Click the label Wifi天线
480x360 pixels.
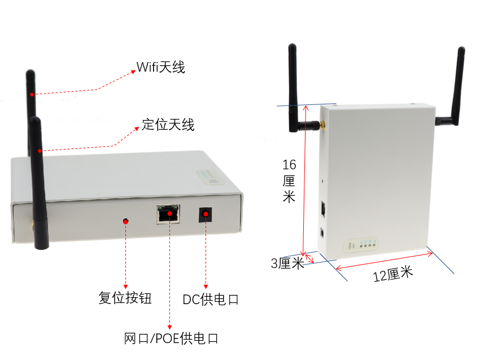[161, 67]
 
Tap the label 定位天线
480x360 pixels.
[168, 125]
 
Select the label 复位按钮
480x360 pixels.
[125, 298]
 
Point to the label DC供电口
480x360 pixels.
[211, 300]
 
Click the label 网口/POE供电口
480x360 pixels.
[171, 339]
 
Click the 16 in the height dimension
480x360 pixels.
[289, 165]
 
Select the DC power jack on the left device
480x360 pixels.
[206, 215]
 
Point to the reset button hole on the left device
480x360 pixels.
[125, 221]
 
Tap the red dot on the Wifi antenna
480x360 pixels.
[32, 94]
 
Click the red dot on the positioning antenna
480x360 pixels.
[39, 151]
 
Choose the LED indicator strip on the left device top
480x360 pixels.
[210, 177]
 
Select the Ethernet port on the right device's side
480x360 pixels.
[324, 208]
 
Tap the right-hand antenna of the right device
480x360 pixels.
[455, 90]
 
